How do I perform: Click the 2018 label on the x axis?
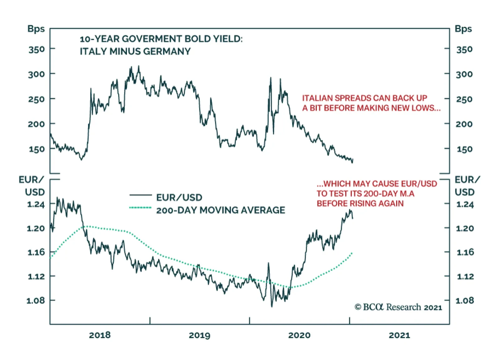pyautogui.click(x=99, y=335)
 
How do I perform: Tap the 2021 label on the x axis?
pyautogui.click(x=399, y=335)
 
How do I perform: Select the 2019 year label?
pyautogui.click(x=199, y=335)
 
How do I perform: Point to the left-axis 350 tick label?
pyautogui.click(x=36, y=49)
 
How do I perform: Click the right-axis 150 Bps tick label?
pyautogui.click(x=464, y=149)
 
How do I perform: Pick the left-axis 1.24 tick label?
pyautogui.click(x=36, y=204)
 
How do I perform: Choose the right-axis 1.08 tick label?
pyautogui.click(x=465, y=300)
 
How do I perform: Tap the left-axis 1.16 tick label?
pyautogui.click(x=36, y=252)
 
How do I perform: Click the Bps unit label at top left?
pyautogui.click(x=36, y=29)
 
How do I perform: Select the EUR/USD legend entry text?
pyautogui.click(x=179, y=197)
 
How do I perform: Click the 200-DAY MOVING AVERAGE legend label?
pyautogui.click(x=220, y=210)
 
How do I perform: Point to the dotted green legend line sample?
pyautogui.click(x=140, y=208)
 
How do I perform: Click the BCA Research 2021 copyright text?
pyautogui.click(x=398, y=307)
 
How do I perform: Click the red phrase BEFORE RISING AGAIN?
pyautogui.click(x=360, y=203)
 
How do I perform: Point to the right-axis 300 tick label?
pyautogui.click(x=464, y=74)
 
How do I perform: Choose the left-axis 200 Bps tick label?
pyautogui.click(x=36, y=124)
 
